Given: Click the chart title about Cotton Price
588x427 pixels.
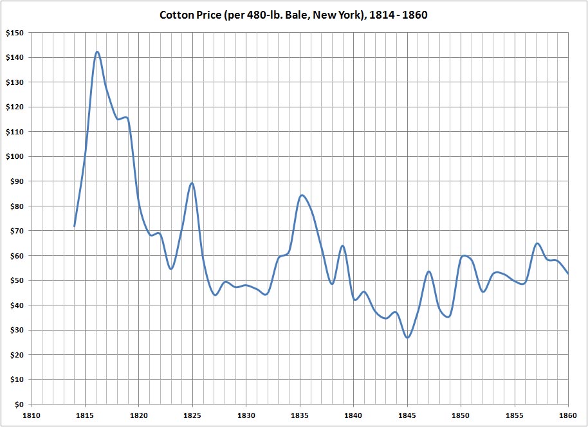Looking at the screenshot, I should [293, 14].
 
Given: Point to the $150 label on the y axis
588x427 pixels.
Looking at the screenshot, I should [14, 33].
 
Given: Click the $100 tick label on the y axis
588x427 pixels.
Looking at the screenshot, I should [14, 157].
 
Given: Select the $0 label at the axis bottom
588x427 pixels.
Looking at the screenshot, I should [17, 404].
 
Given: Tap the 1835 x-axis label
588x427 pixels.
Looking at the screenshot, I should [300, 416].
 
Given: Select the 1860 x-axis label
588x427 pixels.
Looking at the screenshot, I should [567, 416].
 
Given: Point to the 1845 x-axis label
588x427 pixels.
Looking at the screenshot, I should [407, 416].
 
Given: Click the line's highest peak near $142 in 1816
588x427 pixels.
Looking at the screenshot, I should [97, 52].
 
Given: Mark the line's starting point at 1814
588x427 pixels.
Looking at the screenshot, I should [75, 226].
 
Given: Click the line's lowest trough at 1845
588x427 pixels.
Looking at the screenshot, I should [407, 338].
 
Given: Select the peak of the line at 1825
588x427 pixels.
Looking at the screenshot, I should [192, 183].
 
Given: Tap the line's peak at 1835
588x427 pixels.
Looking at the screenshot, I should [301, 195].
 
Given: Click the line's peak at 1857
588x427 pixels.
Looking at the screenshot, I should [537, 244].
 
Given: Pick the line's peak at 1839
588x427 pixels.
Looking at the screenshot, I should [342, 246].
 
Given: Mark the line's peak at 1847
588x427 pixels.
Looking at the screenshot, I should [428, 271].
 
